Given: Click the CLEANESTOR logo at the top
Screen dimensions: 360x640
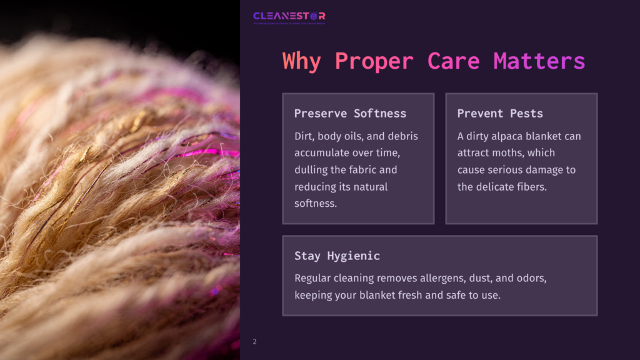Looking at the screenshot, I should [289, 17].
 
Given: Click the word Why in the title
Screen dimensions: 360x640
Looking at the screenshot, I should [301, 61].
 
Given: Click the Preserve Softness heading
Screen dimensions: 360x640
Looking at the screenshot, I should [350, 113].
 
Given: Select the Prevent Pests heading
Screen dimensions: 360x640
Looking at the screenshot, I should [500, 113].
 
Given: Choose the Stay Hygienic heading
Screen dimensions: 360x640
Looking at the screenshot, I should [337, 256].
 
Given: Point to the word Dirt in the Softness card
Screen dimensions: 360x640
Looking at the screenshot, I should [305, 136].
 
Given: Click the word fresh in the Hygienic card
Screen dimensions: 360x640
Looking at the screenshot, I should [409, 295].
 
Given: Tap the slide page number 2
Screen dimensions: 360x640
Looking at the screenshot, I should [254, 342].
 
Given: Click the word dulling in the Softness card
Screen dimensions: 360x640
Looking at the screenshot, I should [311, 170].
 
